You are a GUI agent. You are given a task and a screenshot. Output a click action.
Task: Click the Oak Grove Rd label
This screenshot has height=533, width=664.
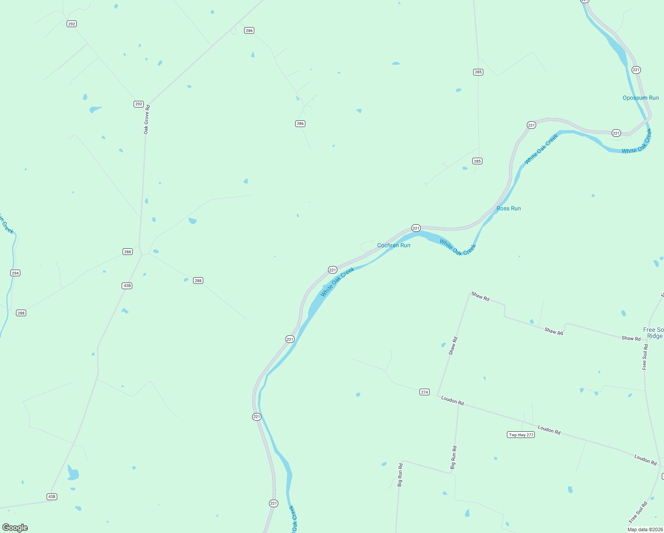(x=146, y=119)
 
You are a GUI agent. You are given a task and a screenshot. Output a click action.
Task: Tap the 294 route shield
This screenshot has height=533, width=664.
(x=16, y=273)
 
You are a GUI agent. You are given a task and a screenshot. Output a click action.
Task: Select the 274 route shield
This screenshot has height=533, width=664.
(x=424, y=392)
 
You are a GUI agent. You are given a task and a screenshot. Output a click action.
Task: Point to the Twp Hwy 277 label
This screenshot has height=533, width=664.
(x=521, y=435)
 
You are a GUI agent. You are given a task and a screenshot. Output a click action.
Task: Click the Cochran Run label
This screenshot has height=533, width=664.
(x=394, y=245)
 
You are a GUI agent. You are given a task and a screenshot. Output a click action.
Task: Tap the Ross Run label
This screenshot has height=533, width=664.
(x=509, y=208)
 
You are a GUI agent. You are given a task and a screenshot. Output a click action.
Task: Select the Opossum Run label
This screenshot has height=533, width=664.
(x=640, y=98)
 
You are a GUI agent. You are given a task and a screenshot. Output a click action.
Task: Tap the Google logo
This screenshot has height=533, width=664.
(x=15, y=528)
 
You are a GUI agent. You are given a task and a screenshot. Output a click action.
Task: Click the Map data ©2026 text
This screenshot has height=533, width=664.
(x=645, y=529)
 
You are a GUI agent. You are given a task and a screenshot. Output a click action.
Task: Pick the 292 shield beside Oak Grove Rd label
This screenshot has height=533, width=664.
(x=138, y=104)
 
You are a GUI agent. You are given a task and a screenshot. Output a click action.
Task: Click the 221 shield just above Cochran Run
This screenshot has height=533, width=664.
(x=416, y=228)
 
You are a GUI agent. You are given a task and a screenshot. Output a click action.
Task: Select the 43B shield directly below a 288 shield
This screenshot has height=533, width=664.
(x=127, y=286)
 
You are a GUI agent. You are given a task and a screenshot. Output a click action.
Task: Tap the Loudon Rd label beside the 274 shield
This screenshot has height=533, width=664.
(x=452, y=401)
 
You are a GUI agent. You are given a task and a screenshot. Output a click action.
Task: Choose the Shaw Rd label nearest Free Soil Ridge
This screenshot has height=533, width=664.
(x=631, y=338)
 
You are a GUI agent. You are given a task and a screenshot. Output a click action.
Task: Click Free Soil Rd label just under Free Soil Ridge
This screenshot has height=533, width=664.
(x=645, y=357)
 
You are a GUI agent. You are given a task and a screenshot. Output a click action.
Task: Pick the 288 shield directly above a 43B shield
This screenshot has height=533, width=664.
(x=128, y=252)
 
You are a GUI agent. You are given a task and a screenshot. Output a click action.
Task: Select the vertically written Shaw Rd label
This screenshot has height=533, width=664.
(x=453, y=346)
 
